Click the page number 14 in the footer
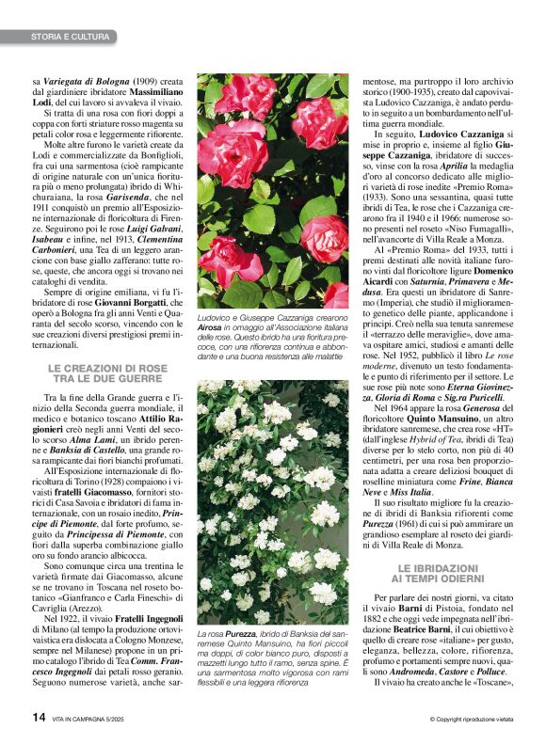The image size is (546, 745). pos(39,718)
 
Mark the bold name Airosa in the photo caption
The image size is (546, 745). pos(215,326)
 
